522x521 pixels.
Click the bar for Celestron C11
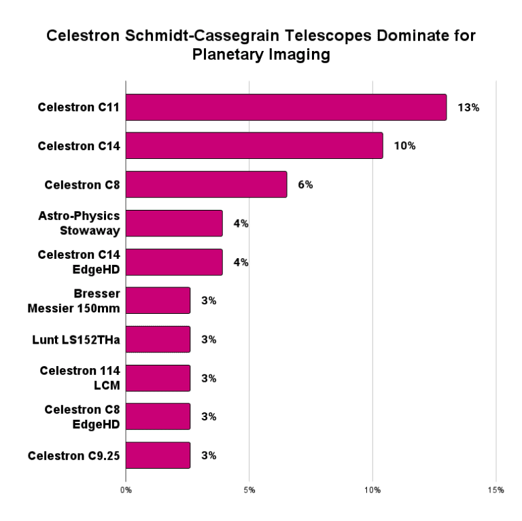[x=285, y=107]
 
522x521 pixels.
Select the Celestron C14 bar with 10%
[x=254, y=145]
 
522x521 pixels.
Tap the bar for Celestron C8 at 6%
[x=206, y=184]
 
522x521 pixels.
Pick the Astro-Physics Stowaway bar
[x=174, y=223]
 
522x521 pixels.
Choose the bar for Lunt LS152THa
[x=158, y=339]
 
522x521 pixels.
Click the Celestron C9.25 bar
[x=158, y=455]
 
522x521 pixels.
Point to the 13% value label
[x=469, y=107]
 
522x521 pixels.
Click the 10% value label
[x=405, y=145]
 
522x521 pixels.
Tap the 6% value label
[x=305, y=184]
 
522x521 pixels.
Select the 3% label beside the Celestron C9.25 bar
[x=209, y=455]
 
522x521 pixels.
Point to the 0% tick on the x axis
[x=126, y=489]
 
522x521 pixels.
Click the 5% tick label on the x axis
[x=249, y=489]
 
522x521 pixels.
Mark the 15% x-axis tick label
[x=496, y=489]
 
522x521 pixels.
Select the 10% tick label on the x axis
[x=372, y=489]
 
